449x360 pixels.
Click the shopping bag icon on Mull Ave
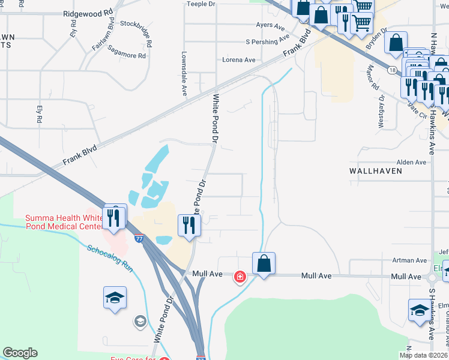pyautogui.click(x=264, y=263)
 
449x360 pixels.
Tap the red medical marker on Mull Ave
pyautogui.click(x=240, y=276)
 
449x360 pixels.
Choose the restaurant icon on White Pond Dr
pyautogui.click(x=189, y=226)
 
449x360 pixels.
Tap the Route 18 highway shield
pyautogui.click(x=391, y=70)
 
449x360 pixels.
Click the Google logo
pyautogui.click(x=20, y=353)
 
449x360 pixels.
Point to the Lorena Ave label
pyautogui.click(x=239, y=60)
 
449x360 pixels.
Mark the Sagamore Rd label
pyautogui.click(x=127, y=56)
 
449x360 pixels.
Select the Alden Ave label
pyautogui.click(x=411, y=162)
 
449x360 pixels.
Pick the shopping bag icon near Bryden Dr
pyautogui.click(x=396, y=43)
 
